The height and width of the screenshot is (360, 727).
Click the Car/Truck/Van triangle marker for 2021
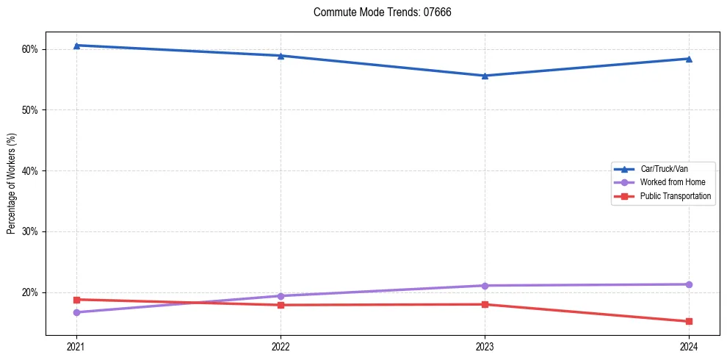[x=76, y=46]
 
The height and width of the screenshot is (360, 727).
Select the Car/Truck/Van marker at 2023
[x=485, y=76]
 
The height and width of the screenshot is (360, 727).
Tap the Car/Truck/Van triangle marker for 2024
[x=689, y=59]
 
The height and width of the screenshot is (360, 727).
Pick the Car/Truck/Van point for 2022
[x=281, y=56]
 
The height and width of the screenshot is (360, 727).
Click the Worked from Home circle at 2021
[x=76, y=312]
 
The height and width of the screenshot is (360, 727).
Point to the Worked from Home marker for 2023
[x=485, y=286]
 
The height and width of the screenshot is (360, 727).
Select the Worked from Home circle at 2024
[x=689, y=284]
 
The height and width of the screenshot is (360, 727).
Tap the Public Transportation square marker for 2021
[x=76, y=300]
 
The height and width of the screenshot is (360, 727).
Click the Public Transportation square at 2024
[x=689, y=321]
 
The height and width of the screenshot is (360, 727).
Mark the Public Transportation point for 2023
[x=485, y=304]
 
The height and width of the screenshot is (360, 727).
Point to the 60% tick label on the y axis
[x=30, y=49]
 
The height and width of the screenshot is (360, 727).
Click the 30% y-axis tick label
[x=30, y=231]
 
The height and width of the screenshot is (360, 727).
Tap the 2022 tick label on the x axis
[x=281, y=347]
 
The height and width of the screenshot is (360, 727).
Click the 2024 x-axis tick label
[x=689, y=347]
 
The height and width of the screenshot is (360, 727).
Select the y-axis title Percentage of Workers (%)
[x=11, y=184]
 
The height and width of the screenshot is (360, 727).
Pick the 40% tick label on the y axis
[x=30, y=171]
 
